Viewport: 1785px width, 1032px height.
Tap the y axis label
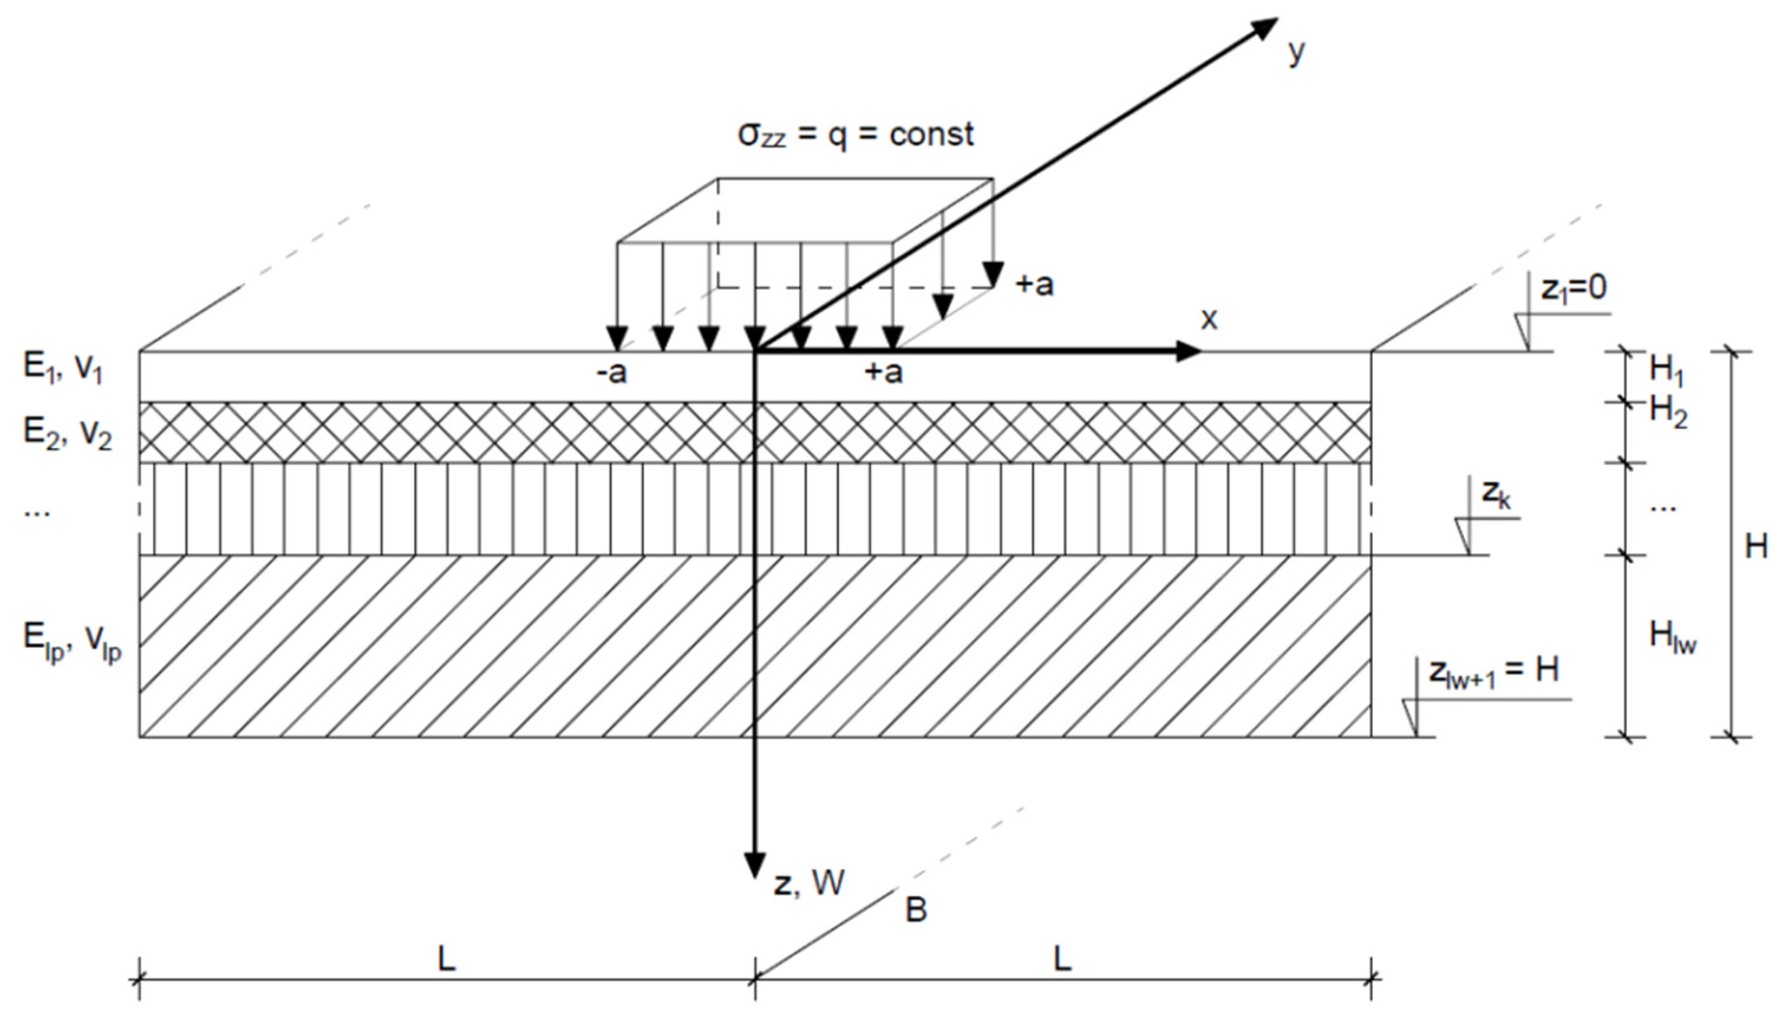[x=1296, y=53]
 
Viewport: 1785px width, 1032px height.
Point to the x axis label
[x=1209, y=319]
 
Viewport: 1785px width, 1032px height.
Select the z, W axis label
[x=808, y=883]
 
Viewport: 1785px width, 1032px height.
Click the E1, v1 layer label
[x=63, y=369]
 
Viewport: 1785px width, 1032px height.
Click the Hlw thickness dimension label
[x=1672, y=638]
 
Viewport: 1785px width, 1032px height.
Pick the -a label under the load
[x=611, y=373]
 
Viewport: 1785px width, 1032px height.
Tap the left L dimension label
[x=446, y=960]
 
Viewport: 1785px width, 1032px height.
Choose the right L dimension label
[x=1062, y=960]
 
